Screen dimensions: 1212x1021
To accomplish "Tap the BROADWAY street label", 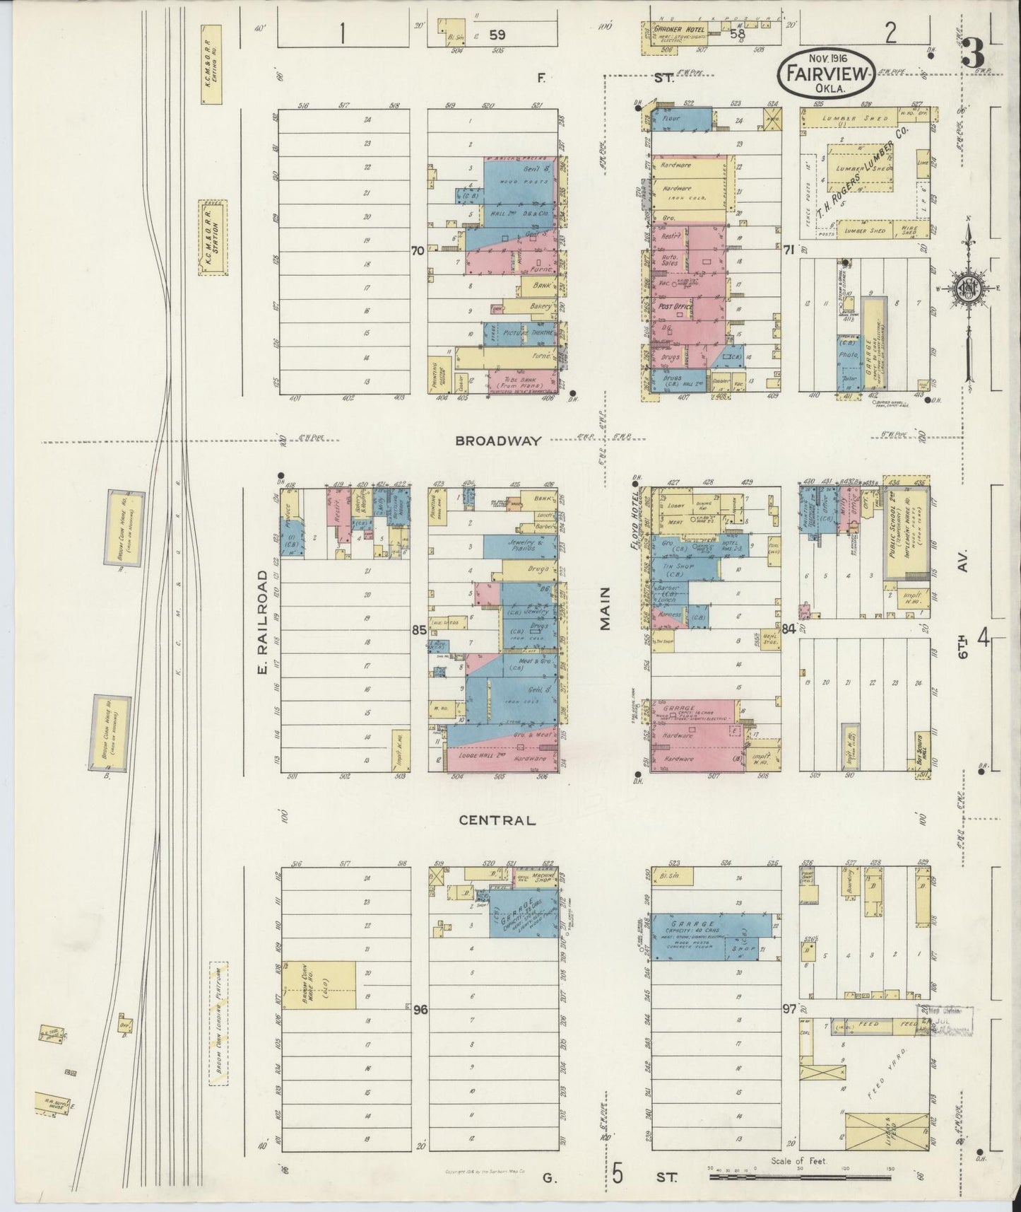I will click(x=498, y=441).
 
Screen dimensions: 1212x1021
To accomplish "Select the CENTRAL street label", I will click(x=497, y=820).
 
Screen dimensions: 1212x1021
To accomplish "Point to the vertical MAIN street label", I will click(x=605, y=610).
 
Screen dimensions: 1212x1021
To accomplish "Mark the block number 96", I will click(x=420, y=1010).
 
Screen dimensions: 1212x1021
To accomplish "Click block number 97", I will click(x=789, y=1010).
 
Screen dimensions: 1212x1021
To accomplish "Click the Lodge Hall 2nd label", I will click(x=480, y=755).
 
